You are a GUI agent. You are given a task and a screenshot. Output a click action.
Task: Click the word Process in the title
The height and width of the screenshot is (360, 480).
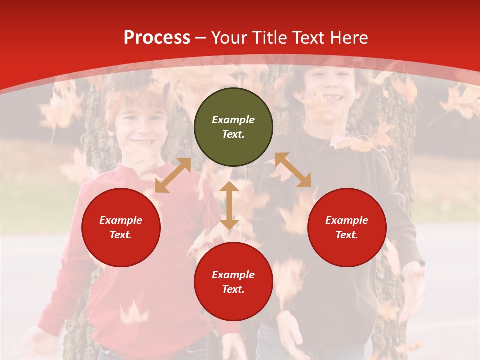click(x=157, y=38)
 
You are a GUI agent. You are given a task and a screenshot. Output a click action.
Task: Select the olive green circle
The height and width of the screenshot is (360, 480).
click(x=233, y=127)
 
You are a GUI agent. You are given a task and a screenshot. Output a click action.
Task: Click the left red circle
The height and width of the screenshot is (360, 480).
click(x=121, y=228)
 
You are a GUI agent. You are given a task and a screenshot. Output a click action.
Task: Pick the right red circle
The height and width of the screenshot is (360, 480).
click(x=347, y=228)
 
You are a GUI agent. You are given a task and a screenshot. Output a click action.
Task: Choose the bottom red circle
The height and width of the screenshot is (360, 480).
click(x=233, y=282)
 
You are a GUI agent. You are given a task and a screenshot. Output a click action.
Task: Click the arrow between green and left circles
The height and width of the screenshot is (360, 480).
click(x=173, y=175)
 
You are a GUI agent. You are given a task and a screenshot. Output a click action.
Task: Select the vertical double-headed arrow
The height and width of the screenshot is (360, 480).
click(x=229, y=205)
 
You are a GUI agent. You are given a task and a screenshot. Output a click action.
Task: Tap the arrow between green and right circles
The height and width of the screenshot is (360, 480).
click(x=293, y=170)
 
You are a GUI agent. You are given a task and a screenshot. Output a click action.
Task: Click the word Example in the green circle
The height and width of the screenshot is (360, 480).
click(x=233, y=120)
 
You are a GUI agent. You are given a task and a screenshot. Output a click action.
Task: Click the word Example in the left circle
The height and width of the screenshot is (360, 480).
click(x=121, y=220)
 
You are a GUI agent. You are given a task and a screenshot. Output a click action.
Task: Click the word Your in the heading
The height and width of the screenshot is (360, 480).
click(x=229, y=38)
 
